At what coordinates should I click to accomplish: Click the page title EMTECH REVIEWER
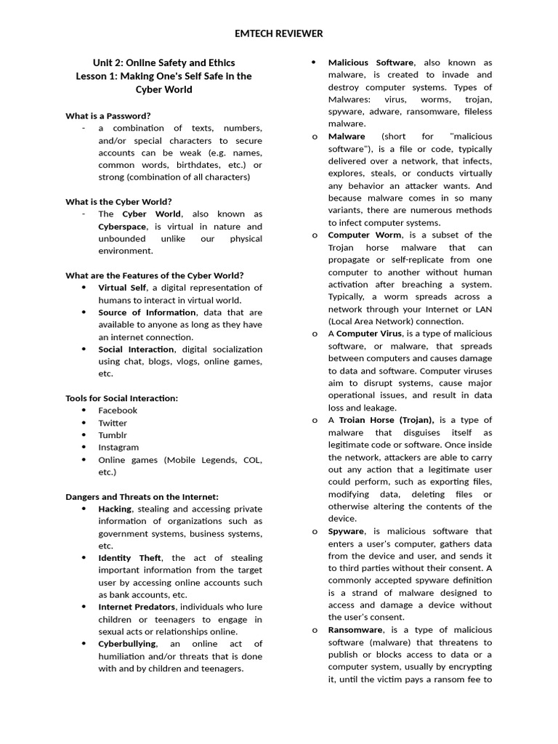point(279,33)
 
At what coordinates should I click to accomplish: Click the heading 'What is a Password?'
point(108,116)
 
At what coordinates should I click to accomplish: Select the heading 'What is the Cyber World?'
point(118,201)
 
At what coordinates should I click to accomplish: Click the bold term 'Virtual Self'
point(122,288)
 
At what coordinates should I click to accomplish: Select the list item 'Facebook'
point(118,411)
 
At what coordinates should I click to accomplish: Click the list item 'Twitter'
point(113,423)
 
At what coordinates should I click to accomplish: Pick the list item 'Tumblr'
point(113,435)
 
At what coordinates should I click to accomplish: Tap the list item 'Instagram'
point(118,448)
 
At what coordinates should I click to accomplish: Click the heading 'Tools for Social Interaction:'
point(121,398)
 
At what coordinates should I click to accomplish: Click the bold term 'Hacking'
point(115,509)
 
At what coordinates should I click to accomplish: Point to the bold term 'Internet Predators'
point(137,607)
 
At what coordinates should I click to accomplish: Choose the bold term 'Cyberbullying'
point(127,644)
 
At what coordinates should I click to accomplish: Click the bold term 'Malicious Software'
point(371,62)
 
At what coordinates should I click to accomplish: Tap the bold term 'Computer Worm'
point(364,235)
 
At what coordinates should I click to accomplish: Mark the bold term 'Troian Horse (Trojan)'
point(387,420)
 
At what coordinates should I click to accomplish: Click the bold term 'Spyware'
point(347,531)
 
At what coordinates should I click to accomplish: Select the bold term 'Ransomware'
point(353,630)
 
